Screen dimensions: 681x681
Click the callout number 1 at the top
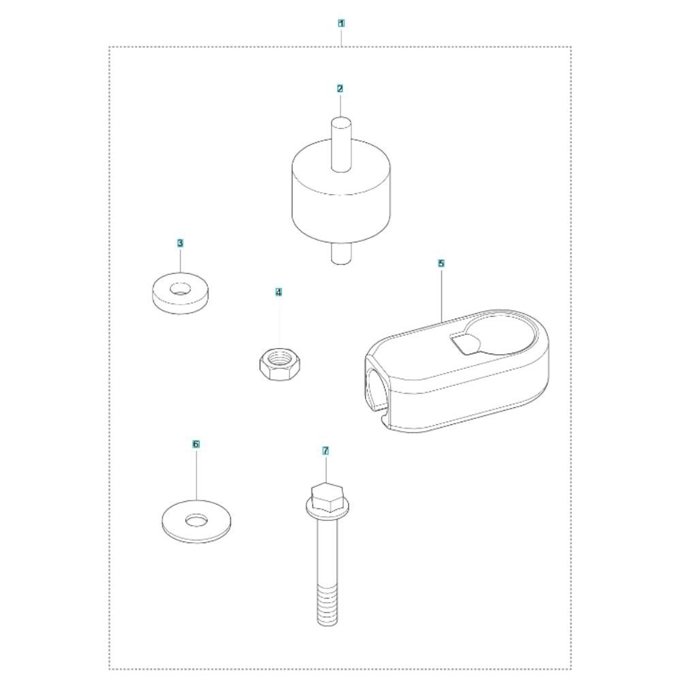point(341,23)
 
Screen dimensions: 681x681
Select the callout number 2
point(340,89)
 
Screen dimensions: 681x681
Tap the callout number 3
point(180,243)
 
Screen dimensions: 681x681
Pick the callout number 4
point(279,292)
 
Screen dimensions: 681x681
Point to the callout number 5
point(441,263)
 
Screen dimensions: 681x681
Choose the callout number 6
point(196,444)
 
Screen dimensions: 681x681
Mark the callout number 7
point(326,451)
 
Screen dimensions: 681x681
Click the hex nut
point(280,364)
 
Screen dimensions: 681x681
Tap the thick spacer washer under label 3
point(180,294)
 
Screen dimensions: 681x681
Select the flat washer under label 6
point(196,521)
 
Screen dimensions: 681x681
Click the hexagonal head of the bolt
point(328,498)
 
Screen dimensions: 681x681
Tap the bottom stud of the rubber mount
point(341,253)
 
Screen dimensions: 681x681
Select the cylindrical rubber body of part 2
point(341,191)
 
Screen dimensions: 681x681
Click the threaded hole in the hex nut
point(279,358)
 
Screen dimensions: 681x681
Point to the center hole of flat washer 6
point(196,519)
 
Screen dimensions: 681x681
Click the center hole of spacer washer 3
point(180,288)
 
